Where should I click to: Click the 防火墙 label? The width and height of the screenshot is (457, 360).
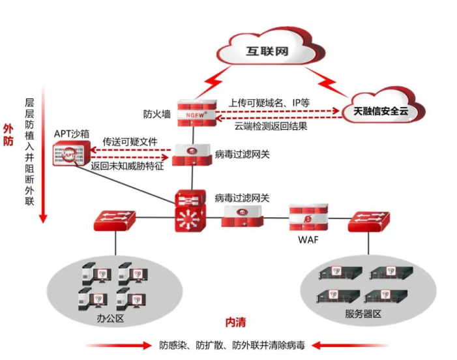tap(157, 113)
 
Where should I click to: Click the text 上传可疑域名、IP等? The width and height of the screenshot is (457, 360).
tap(269, 102)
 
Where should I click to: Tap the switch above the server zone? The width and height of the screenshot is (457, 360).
tap(367, 222)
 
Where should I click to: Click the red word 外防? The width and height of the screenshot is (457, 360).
tap(8, 134)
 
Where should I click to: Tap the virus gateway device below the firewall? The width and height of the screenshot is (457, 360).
tap(192, 154)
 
